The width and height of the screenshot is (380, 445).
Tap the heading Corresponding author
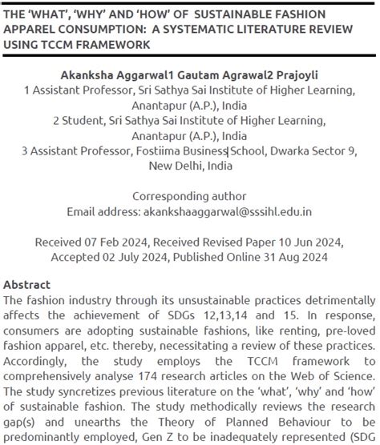190,197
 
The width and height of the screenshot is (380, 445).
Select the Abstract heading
26,284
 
